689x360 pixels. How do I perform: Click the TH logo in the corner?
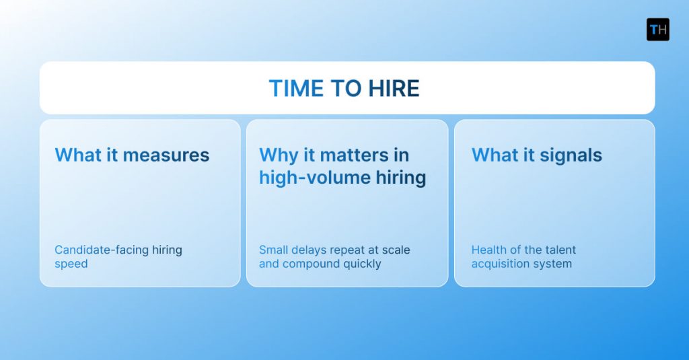pyautogui.click(x=657, y=30)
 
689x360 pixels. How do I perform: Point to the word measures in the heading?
pyautogui.click(x=166, y=155)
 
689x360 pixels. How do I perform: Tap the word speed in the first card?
pyautogui.click(x=71, y=264)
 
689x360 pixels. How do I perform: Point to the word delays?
pyautogui.click(x=311, y=250)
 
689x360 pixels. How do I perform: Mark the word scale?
pyautogui.click(x=396, y=250)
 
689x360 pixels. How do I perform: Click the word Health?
pyautogui.click(x=489, y=250)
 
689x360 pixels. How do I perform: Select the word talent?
pyautogui.click(x=560, y=250)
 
